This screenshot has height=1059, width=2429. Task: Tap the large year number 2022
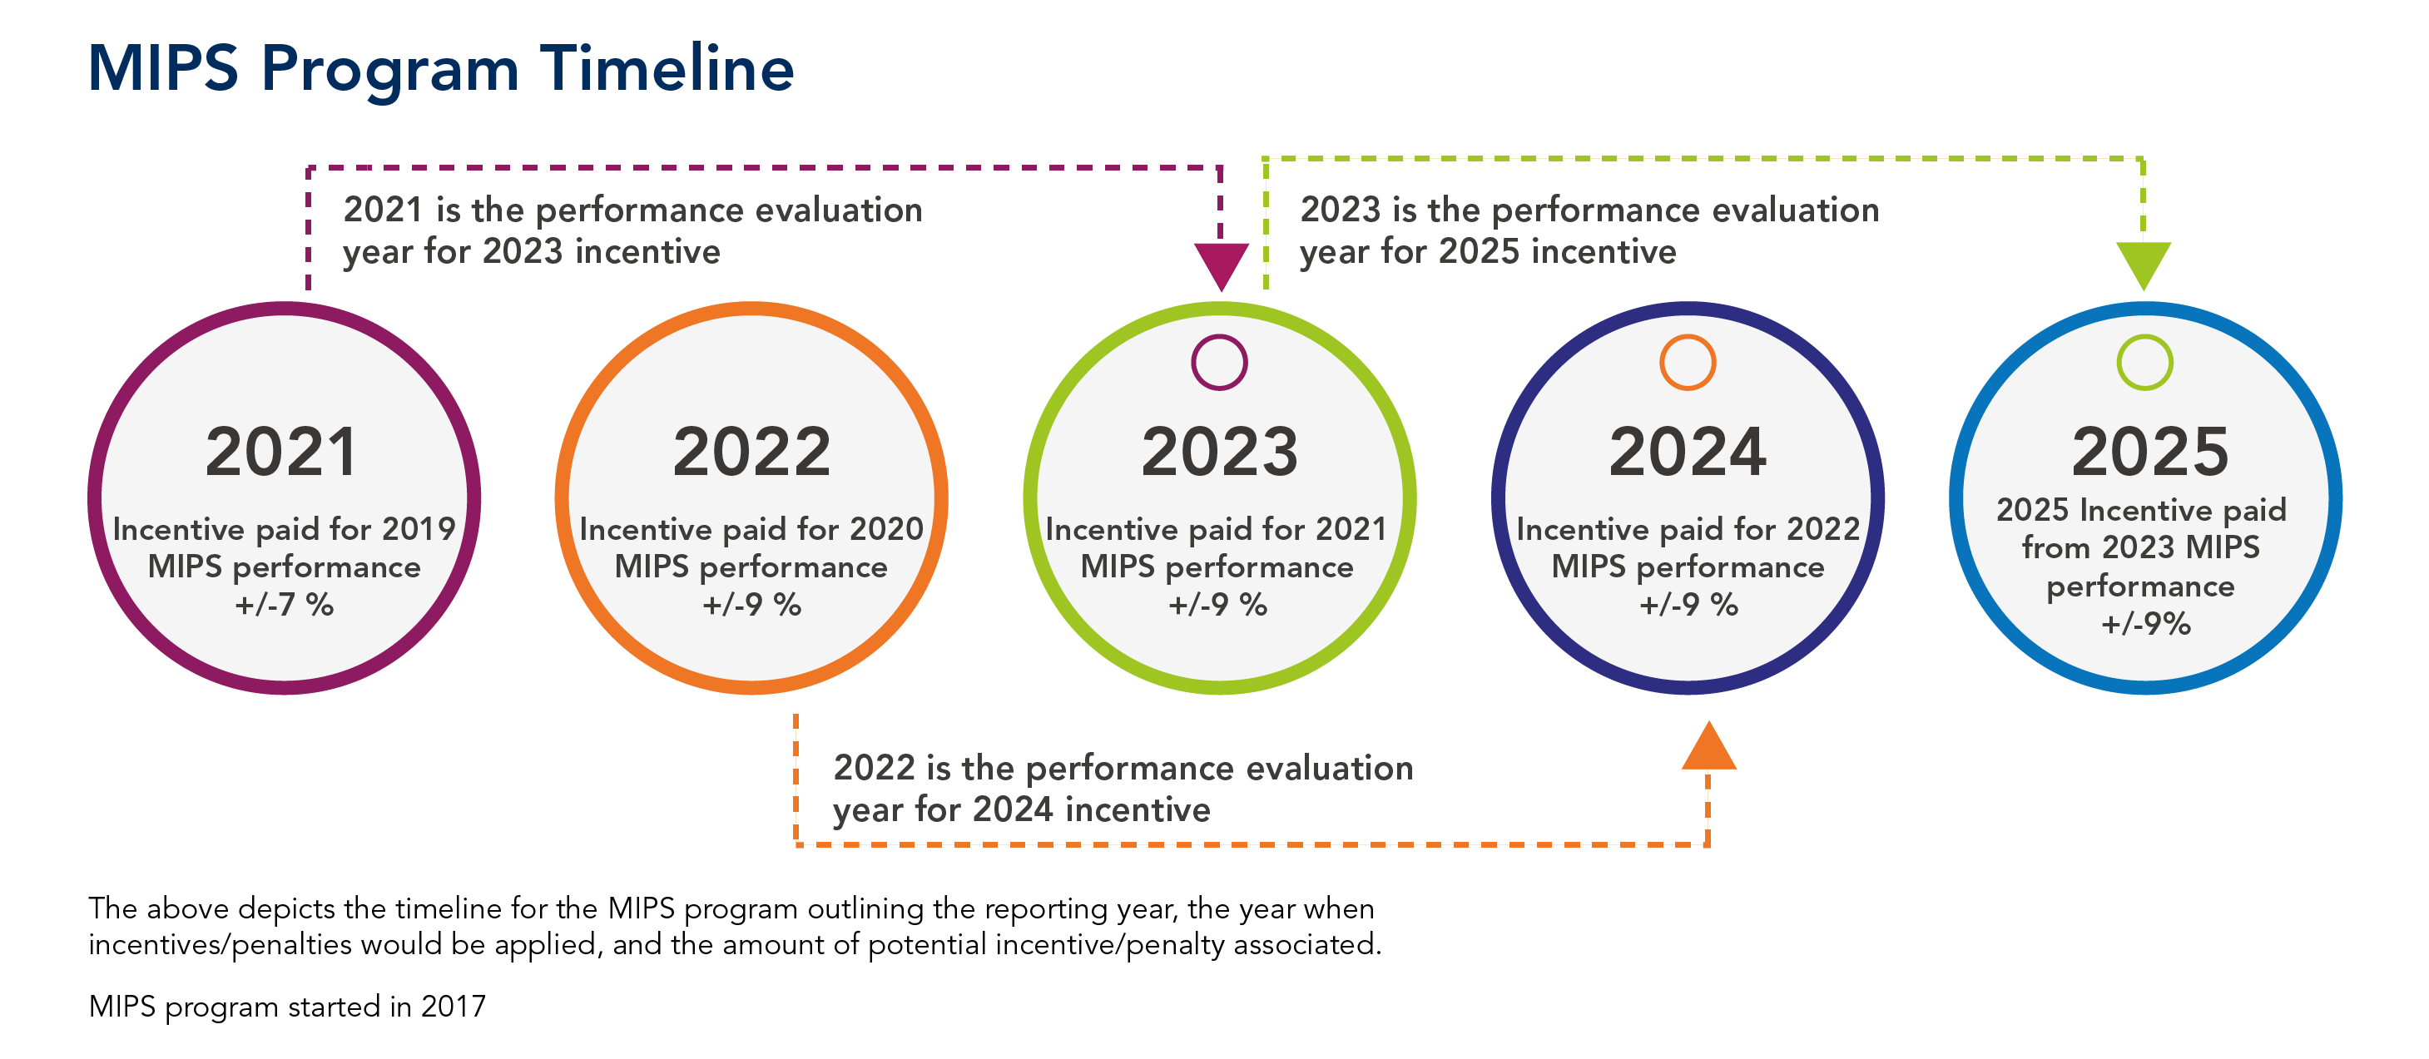(751, 452)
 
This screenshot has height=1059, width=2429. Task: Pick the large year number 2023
(1218, 452)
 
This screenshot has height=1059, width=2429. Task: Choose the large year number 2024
(1687, 452)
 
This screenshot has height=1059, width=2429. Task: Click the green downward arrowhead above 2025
(2144, 263)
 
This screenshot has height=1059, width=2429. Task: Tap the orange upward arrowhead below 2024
(1708, 748)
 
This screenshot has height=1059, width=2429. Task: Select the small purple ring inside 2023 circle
(1218, 362)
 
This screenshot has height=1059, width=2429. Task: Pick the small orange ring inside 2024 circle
(1687, 362)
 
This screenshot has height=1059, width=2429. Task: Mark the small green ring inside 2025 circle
(2144, 362)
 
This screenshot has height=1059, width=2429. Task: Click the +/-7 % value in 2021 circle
(284, 605)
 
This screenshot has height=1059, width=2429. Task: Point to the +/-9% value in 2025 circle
(2145, 623)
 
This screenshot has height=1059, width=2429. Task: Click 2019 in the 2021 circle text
(419, 529)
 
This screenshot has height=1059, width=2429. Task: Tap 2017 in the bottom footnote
(453, 1007)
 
